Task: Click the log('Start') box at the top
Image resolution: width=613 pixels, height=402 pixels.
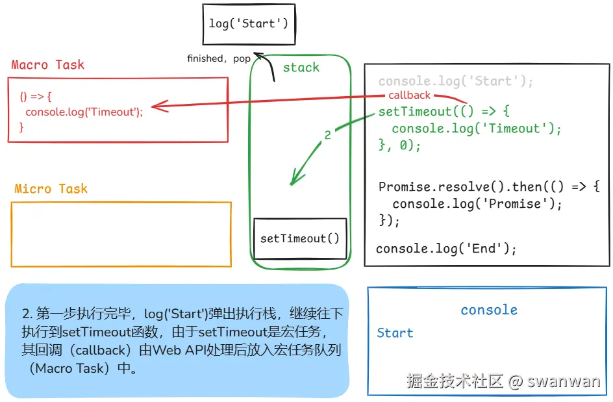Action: click(248, 24)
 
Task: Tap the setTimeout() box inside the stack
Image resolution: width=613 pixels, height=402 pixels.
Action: click(299, 238)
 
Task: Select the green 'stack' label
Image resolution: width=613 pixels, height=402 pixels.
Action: click(301, 68)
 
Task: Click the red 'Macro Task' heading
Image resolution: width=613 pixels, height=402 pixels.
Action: click(47, 65)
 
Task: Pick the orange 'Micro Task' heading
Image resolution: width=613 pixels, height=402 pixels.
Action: click(51, 189)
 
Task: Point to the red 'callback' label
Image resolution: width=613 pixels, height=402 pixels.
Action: click(409, 95)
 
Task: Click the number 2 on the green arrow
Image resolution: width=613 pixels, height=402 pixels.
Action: click(327, 135)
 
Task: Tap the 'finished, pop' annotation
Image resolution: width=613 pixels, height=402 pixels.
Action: click(218, 58)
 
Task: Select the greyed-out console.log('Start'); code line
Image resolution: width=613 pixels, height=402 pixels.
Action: click(455, 82)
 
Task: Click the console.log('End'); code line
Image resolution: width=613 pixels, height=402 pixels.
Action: click(446, 249)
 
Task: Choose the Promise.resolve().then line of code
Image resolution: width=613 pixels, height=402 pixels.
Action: click(489, 187)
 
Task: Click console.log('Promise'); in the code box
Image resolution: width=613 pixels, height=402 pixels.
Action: click(477, 204)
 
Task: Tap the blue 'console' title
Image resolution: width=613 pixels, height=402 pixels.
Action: click(489, 310)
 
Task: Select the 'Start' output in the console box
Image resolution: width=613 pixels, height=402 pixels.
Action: click(395, 333)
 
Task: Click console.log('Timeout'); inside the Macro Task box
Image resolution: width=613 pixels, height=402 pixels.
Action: click(84, 112)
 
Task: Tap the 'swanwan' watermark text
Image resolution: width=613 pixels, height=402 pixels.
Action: click(564, 381)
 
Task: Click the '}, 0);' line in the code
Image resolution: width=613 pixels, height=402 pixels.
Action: click(400, 145)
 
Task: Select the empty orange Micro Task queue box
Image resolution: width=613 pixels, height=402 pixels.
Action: click(121, 234)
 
